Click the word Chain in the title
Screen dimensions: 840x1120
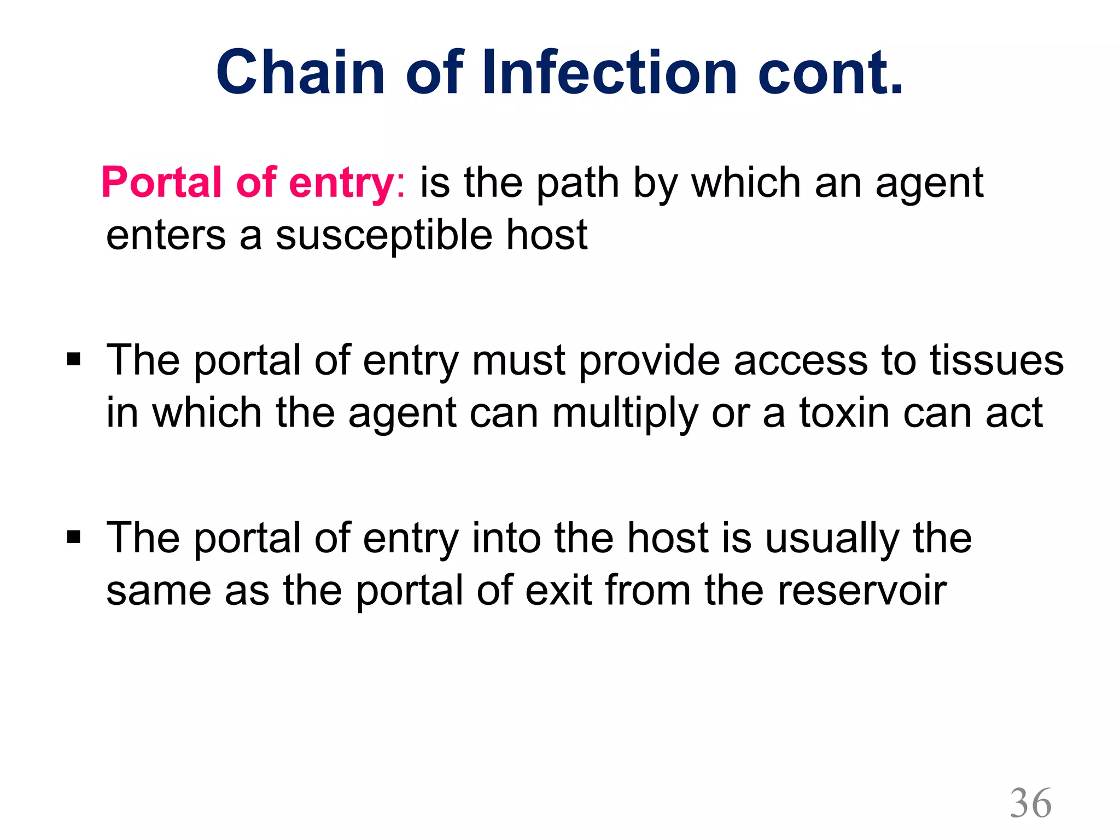pos(301,73)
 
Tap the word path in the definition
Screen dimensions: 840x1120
pos(577,184)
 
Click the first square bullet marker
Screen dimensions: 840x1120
pos(73,360)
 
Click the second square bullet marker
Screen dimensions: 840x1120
pos(73,538)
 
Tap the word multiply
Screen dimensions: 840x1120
pos(625,413)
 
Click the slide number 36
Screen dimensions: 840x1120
pos(1030,803)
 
